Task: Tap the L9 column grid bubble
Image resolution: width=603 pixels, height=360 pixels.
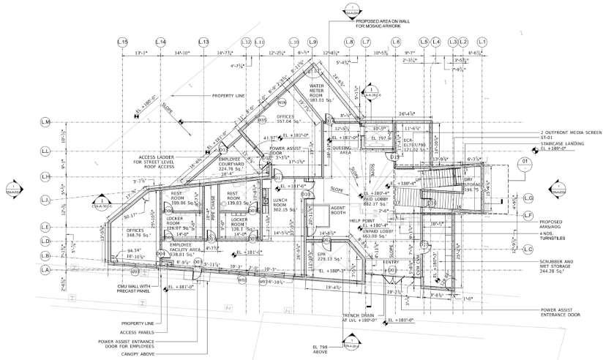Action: [313, 42]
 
